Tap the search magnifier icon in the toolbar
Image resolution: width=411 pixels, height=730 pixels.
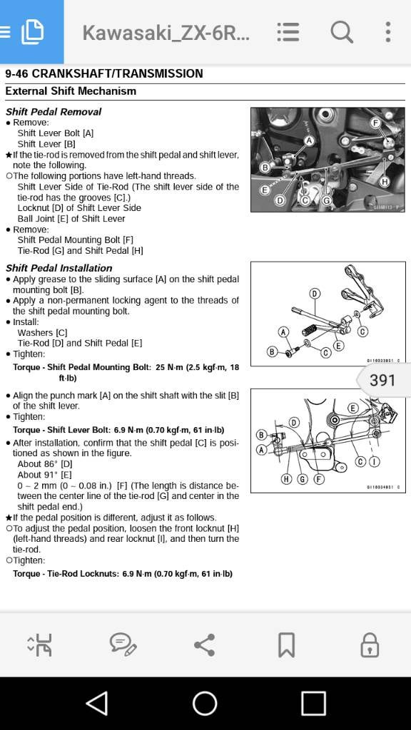(x=342, y=32)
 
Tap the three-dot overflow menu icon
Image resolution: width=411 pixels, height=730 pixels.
(x=387, y=32)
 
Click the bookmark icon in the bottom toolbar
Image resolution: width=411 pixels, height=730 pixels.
(x=286, y=644)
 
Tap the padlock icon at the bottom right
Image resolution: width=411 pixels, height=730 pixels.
(x=369, y=644)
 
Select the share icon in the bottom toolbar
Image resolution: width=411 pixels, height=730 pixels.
(x=205, y=644)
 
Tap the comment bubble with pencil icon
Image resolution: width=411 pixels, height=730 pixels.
(x=123, y=644)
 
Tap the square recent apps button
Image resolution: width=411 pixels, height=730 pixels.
(x=313, y=704)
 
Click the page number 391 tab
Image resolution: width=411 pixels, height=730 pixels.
(x=383, y=380)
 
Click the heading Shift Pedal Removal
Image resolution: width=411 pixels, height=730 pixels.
(x=54, y=112)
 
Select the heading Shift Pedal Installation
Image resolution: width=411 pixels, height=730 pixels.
(x=59, y=268)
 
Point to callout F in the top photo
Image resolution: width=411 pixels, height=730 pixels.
(x=375, y=123)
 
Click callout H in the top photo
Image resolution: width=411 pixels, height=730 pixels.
(x=385, y=182)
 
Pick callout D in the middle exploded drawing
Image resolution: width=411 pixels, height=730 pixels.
(x=315, y=294)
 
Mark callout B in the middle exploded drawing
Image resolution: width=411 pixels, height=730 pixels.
(x=272, y=351)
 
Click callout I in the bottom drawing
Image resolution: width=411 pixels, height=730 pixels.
(x=374, y=462)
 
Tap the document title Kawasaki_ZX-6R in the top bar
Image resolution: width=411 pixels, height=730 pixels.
(x=166, y=33)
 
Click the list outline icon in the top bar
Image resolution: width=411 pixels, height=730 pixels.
(x=288, y=32)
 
